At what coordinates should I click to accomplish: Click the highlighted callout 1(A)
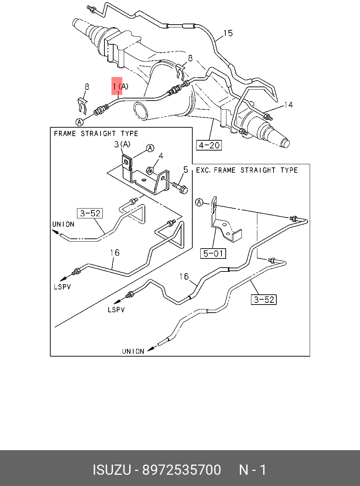tap(120, 86)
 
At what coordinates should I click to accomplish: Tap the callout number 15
tap(228, 33)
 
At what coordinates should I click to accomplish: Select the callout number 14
tap(288, 105)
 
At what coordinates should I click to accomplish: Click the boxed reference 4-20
tap(209, 145)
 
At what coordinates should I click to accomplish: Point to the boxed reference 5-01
tap(213, 253)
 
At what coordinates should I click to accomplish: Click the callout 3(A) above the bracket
tap(122, 144)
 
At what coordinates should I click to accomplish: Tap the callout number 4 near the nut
tap(161, 156)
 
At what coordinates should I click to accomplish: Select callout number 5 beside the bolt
tap(186, 170)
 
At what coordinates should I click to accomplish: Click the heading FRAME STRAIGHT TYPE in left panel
tap(96, 134)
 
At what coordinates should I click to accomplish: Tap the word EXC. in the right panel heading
tap(203, 170)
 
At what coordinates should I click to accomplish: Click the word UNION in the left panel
tap(63, 224)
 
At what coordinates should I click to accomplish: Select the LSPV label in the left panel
tap(62, 287)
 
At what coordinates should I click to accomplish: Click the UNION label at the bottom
tap(133, 351)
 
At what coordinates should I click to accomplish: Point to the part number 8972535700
tap(181, 470)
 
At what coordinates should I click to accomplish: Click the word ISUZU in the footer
tap(112, 470)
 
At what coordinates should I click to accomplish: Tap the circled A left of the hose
tap(80, 122)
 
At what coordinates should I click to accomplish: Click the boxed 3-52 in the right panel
tap(264, 300)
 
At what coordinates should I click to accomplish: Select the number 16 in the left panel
tap(115, 252)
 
